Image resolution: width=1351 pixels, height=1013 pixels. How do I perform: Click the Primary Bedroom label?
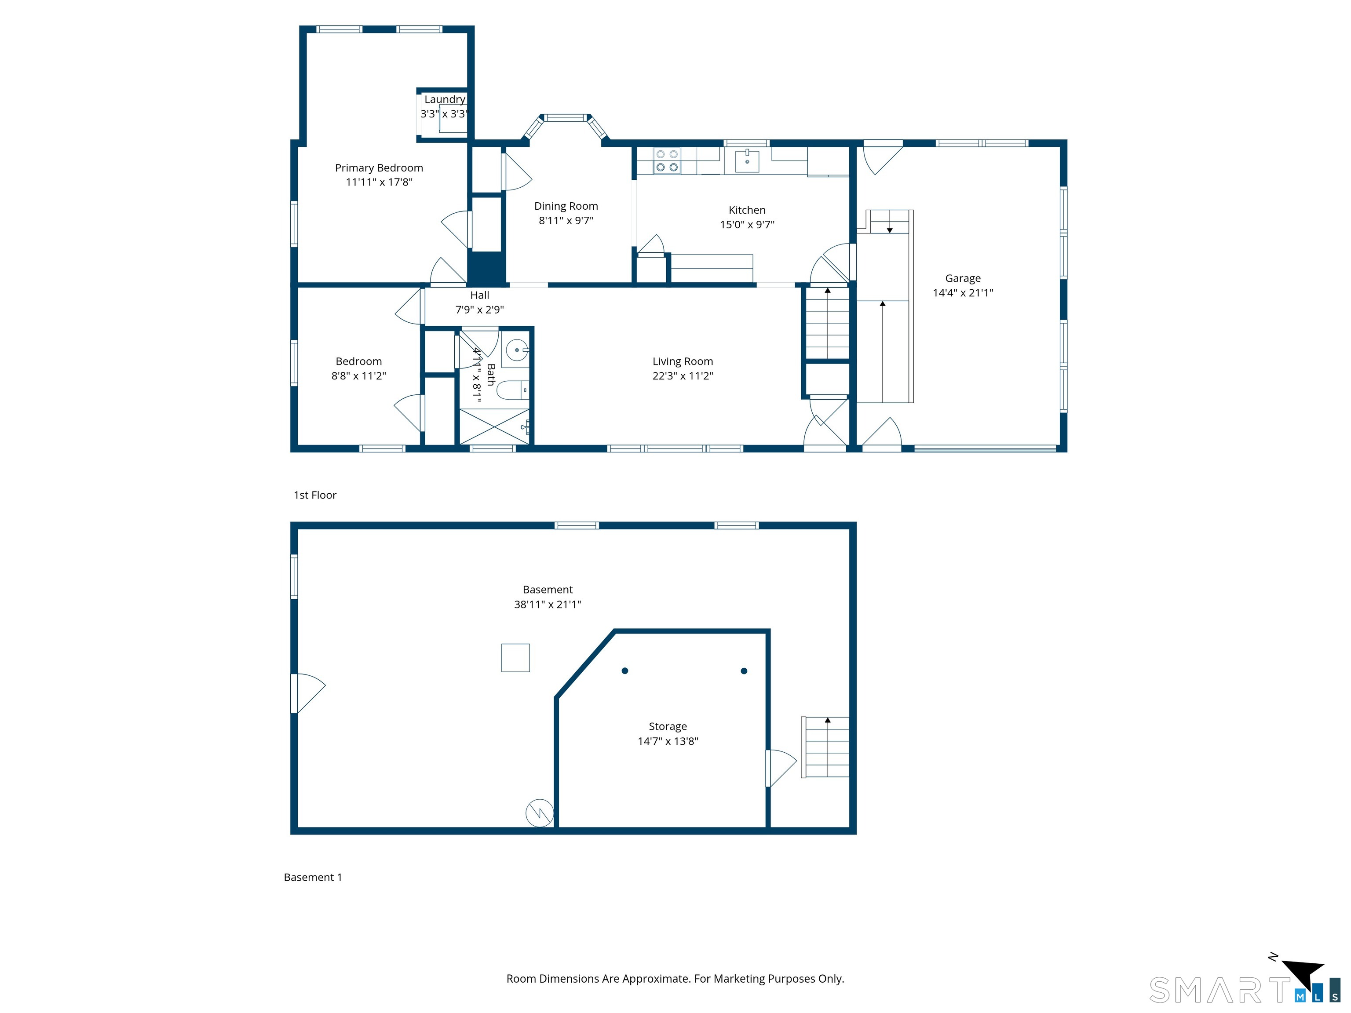tap(379, 168)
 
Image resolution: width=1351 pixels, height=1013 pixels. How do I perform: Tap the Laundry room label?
tap(445, 99)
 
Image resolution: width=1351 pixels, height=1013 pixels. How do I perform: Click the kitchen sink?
tap(747, 160)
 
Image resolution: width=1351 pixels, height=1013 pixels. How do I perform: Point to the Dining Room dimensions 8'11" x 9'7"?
tap(566, 220)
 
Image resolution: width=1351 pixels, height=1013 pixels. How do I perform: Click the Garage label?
tap(963, 278)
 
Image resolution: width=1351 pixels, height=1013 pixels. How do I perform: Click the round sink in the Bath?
tap(517, 350)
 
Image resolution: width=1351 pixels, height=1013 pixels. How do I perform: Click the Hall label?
tap(479, 295)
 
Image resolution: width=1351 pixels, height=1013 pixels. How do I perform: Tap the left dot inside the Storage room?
tap(625, 670)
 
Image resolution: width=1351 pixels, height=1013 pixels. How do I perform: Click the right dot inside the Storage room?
tap(744, 670)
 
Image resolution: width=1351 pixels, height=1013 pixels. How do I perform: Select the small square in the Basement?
tap(515, 658)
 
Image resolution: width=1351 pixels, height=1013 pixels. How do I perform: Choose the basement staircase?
tap(825, 747)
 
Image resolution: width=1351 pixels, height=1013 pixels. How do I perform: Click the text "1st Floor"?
tap(315, 495)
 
